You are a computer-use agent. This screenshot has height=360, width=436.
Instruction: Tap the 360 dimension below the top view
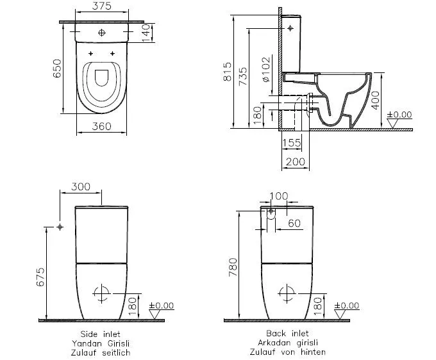click(102, 126)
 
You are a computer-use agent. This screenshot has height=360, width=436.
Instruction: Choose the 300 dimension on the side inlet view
click(80, 186)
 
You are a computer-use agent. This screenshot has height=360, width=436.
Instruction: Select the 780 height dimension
click(233, 268)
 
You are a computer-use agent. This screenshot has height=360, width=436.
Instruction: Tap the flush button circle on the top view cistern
click(102, 32)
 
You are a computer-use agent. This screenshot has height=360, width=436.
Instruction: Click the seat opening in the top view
click(102, 78)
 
